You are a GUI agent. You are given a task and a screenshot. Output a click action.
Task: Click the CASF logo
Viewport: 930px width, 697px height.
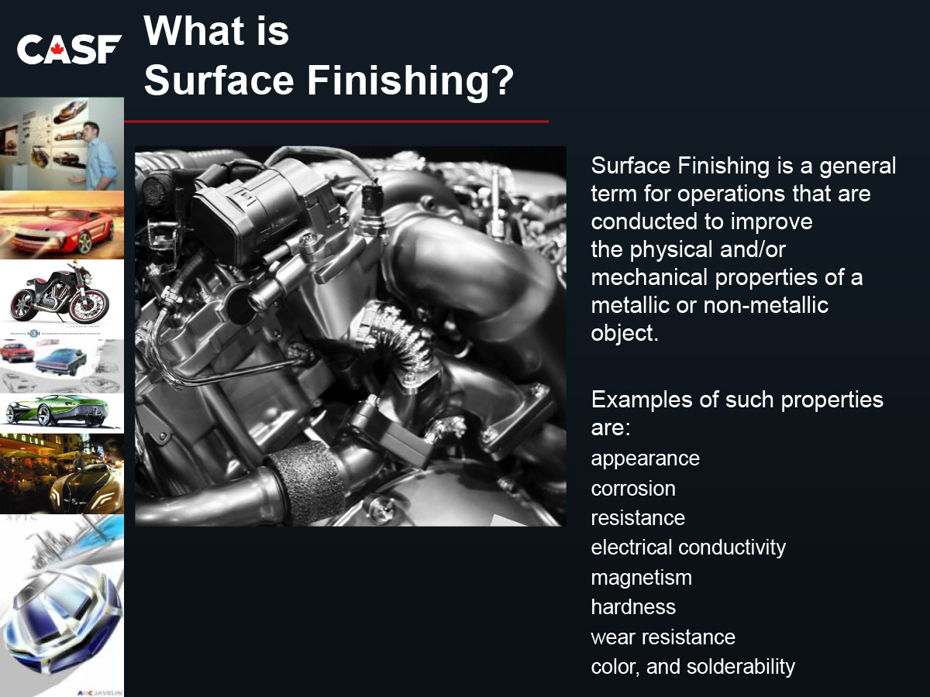click(x=69, y=49)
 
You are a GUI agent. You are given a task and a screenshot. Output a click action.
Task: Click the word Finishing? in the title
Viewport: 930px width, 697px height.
click(x=410, y=81)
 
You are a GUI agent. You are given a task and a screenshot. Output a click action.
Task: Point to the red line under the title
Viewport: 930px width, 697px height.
click(x=336, y=122)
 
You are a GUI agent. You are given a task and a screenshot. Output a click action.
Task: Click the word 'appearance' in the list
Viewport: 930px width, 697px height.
click(x=645, y=459)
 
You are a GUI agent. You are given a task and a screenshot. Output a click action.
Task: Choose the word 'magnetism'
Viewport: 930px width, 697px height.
click(x=641, y=578)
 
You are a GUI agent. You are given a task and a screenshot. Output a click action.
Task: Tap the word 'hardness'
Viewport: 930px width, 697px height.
click(x=633, y=607)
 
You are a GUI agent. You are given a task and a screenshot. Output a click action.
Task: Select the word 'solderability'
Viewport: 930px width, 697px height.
click(x=741, y=668)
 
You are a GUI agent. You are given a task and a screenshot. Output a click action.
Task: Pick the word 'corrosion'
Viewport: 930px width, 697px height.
click(x=633, y=489)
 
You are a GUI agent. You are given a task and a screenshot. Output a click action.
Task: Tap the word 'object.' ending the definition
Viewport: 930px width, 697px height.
click(x=625, y=334)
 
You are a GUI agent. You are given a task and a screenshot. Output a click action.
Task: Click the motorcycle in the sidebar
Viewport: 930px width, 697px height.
click(x=60, y=297)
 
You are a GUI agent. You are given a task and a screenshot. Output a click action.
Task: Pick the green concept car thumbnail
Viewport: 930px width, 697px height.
click(x=57, y=410)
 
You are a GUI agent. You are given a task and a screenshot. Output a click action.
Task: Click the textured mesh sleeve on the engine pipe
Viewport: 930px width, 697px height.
click(x=306, y=483)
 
